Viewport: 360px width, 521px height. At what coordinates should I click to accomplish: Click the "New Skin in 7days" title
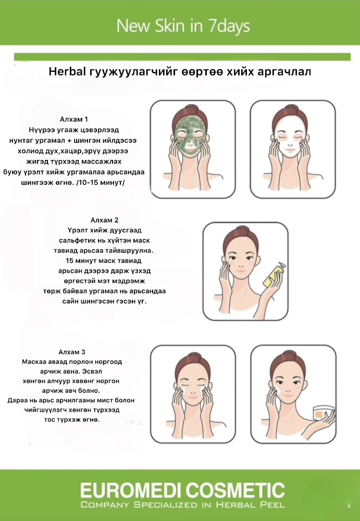tap(183, 26)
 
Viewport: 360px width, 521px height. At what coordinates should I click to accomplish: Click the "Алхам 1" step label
tap(74, 119)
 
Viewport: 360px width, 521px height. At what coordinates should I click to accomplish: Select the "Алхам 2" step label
tap(104, 220)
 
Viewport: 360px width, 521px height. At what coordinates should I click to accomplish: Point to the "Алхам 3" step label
tap(72, 352)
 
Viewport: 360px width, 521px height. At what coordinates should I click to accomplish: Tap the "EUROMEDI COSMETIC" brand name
tap(182, 490)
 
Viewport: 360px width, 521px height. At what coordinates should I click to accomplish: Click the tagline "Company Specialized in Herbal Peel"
tap(182, 505)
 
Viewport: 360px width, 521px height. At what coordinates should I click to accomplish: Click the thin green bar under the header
tap(182, 57)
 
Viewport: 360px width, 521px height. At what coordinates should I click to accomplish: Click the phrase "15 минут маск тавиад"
tap(104, 260)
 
